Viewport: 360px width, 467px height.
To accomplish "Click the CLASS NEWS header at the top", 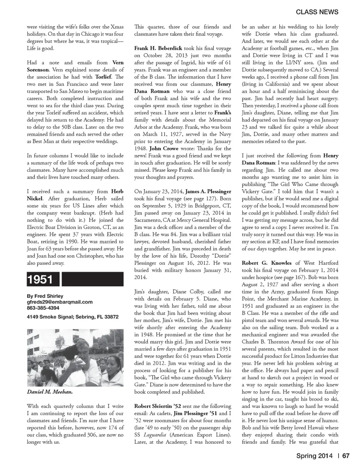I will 317,12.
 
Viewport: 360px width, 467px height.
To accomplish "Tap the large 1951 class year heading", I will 40,280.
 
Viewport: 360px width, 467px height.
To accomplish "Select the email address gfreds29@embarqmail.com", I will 60,302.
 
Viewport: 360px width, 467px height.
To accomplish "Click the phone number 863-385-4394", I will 43,308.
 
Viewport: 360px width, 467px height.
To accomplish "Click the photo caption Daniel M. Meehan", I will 49,392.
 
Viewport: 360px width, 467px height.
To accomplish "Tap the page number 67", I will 346,456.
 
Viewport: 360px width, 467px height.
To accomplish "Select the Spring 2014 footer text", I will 314,456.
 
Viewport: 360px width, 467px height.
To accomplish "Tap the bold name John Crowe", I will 166,149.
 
